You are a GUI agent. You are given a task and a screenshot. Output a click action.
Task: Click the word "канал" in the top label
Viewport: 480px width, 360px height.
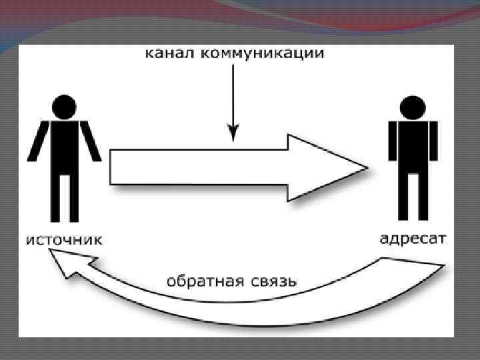point(167,54)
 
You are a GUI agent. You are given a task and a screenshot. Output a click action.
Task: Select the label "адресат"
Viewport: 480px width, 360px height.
point(413,238)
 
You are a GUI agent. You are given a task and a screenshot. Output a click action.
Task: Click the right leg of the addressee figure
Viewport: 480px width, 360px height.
point(421,197)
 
